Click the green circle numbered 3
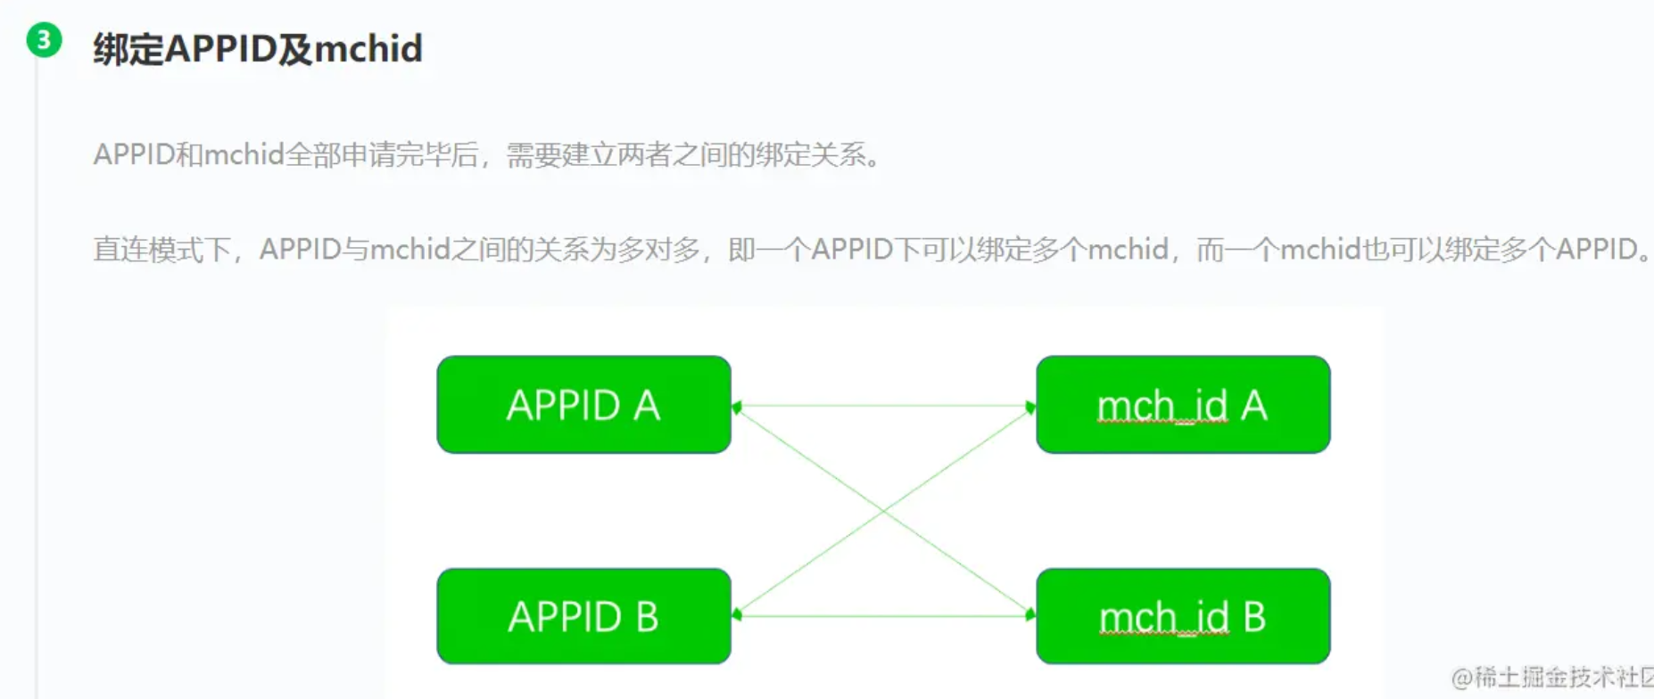pyautogui.click(x=44, y=40)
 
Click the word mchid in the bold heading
pyautogui.click(x=368, y=48)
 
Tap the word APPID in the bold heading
pyautogui.click(x=220, y=48)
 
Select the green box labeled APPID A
pyautogui.click(x=583, y=405)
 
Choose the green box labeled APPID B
pyautogui.click(x=583, y=616)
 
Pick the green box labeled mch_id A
pyautogui.click(x=1183, y=405)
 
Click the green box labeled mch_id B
pyautogui.click(x=1183, y=616)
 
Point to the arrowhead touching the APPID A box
pyautogui.click(x=737, y=407)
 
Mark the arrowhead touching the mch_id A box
pyautogui.click(x=1030, y=407)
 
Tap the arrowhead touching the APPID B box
pyautogui.click(x=737, y=614)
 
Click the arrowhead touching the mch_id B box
pyautogui.click(x=1030, y=614)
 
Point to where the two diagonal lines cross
pyautogui.click(x=883, y=511)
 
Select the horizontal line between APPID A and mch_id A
pyautogui.click(x=883, y=407)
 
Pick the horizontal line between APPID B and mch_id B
pyautogui.click(x=883, y=615)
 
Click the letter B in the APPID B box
pyautogui.click(x=647, y=617)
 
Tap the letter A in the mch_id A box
pyautogui.click(x=1253, y=406)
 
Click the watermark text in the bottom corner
pyautogui.click(x=1552, y=678)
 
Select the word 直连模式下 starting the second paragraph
pyautogui.click(x=161, y=249)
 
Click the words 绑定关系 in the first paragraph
pyautogui.click(x=810, y=155)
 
